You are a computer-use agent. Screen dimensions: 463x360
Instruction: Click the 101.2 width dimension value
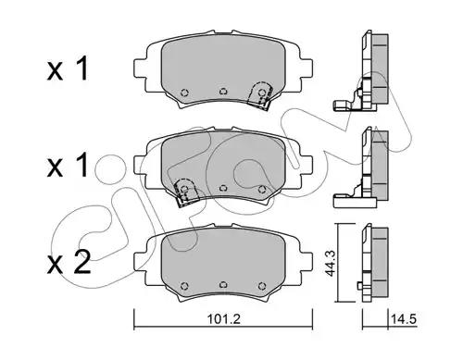(x=223, y=319)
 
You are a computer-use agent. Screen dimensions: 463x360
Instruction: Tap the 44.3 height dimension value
(x=331, y=263)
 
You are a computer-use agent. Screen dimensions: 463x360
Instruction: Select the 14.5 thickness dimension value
(x=404, y=319)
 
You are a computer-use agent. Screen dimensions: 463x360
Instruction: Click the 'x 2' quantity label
(x=69, y=262)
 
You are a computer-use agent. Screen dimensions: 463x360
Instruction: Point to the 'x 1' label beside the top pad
(x=68, y=68)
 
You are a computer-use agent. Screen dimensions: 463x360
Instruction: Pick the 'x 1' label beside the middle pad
(x=68, y=166)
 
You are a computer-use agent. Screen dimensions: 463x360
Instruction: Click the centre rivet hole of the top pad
(x=223, y=92)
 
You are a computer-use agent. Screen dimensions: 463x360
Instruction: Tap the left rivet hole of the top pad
(x=184, y=93)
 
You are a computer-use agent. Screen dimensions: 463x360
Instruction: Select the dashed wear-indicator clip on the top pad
(x=260, y=95)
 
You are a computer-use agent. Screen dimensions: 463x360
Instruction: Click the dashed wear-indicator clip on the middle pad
(x=186, y=192)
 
